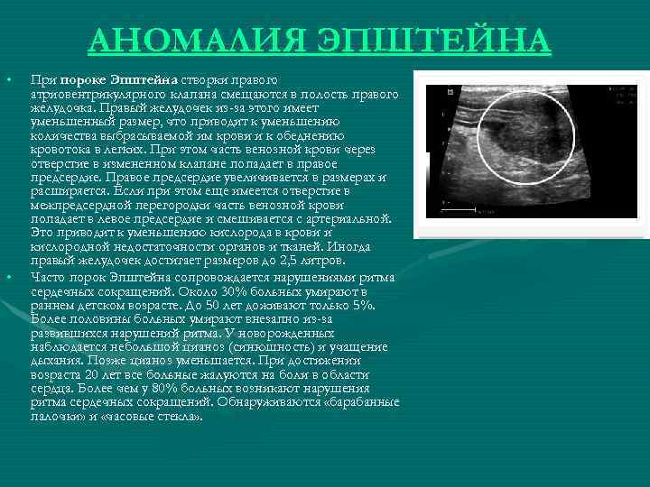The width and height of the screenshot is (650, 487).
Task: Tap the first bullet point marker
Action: coord(8,80)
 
